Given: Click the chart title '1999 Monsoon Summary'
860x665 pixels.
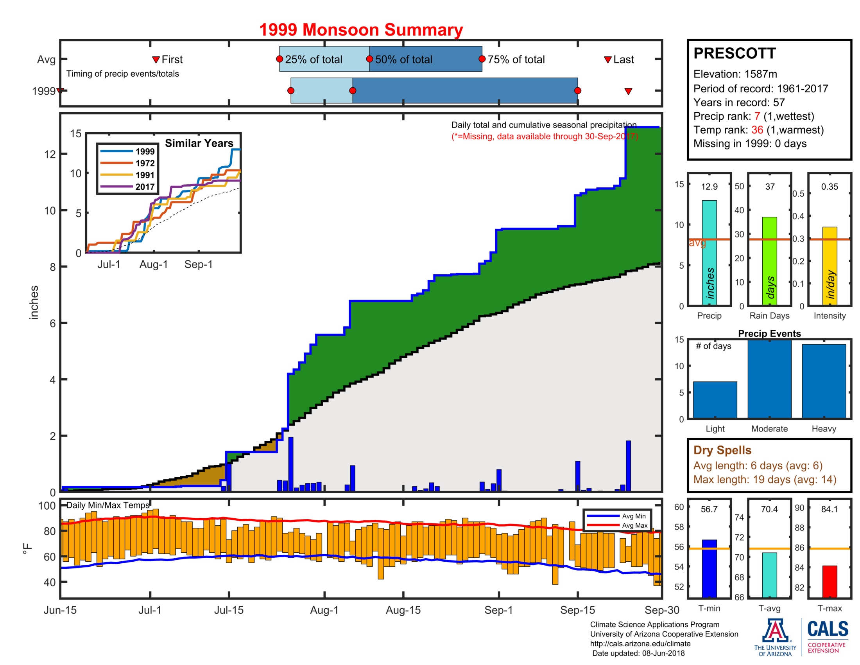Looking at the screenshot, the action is (x=361, y=30).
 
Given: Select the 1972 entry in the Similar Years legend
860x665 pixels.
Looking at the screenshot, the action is (x=127, y=163).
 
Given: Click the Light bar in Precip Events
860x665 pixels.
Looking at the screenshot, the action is (x=715, y=399).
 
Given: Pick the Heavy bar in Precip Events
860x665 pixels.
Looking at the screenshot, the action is (x=824, y=381).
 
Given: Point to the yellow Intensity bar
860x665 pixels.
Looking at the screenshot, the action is (x=829, y=266).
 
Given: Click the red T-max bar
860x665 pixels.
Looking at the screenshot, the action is (x=829, y=581).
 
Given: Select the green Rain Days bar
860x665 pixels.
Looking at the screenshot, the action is (x=769, y=261).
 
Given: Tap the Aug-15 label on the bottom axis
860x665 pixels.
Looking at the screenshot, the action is (x=403, y=610).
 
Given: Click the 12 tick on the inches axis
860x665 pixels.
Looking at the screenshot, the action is (x=50, y=154).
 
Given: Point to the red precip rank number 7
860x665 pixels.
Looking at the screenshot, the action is (x=757, y=116).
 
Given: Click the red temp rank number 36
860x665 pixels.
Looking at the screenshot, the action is (x=757, y=130).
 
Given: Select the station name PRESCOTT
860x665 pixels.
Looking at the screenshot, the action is (x=735, y=53).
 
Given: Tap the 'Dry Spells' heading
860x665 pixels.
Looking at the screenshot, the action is (x=722, y=450).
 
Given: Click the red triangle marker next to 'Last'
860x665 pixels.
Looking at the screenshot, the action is (x=607, y=59).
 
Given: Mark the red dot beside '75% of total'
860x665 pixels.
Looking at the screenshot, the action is (x=482, y=59).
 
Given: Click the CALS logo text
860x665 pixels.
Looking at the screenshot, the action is (x=828, y=629).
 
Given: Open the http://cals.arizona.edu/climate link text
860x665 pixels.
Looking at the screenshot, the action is (x=640, y=644).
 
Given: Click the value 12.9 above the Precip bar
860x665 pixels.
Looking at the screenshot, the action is (x=709, y=187).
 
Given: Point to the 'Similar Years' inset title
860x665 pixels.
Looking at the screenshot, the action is (x=199, y=143).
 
